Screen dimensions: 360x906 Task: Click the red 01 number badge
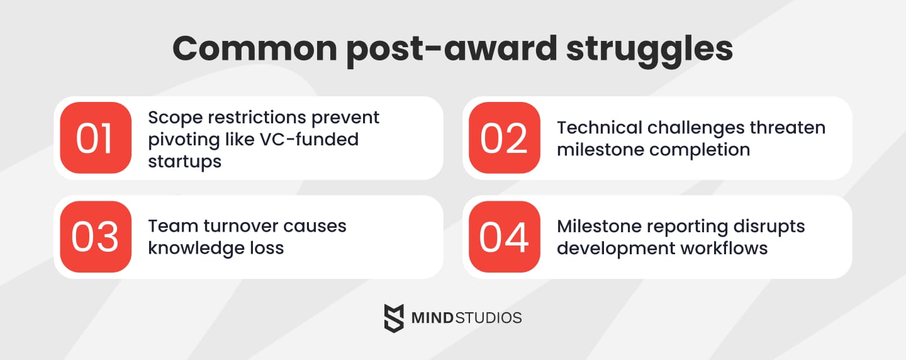pyautogui.click(x=96, y=138)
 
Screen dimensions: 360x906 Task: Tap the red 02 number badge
pyautogui.click(x=505, y=138)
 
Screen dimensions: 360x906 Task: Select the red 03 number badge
pyautogui.click(x=96, y=237)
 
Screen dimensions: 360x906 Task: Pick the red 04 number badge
pyautogui.click(x=505, y=237)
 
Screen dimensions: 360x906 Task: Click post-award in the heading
pyautogui.click(x=450, y=49)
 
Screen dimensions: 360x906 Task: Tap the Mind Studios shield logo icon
pyautogui.click(x=394, y=317)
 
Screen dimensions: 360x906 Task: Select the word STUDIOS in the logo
pyautogui.click(x=489, y=318)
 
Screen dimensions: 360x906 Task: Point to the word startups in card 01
pyautogui.click(x=185, y=161)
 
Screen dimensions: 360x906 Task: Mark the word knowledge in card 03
pyautogui.click(x=194, y=248)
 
